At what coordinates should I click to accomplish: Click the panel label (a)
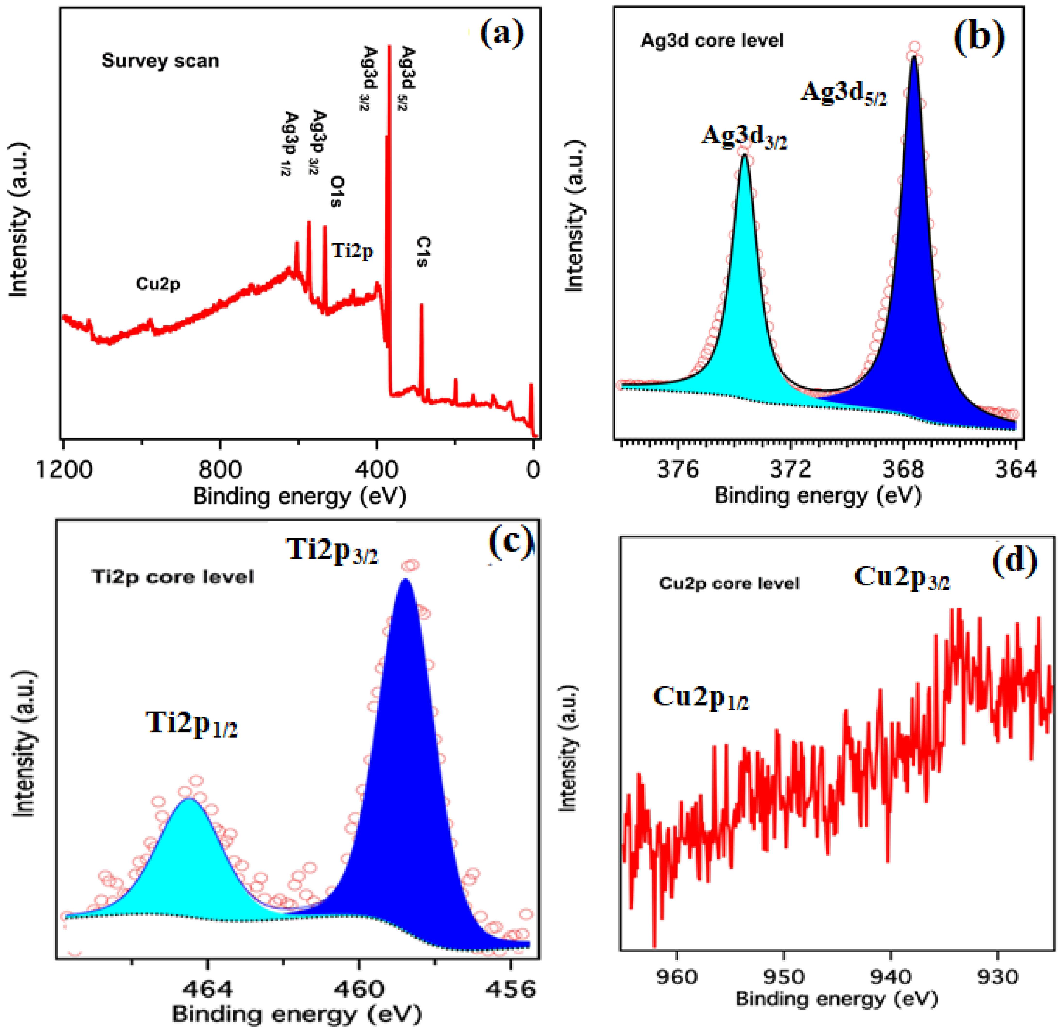pyautogui.click(x=501, y=34)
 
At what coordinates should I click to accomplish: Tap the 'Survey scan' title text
pyautogui.click(x=160, y=60)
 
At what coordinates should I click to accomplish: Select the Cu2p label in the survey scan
pyautogui.click(x=158, y=284)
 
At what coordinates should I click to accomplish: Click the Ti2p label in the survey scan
pyautogui.click(x=352, y=251)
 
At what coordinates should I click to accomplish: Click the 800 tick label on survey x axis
pyautogui.click(x=220, y=468)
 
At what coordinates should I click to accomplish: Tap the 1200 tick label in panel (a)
pyautogui.click(x=64, y=468)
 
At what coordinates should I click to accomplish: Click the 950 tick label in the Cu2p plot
pyautogui.click(x=783, y=977)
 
